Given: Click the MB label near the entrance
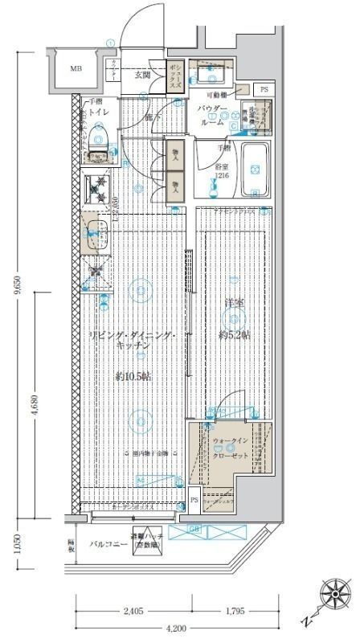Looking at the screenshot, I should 76,68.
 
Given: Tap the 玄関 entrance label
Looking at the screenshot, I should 142,75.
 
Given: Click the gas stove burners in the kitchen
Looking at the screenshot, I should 100,189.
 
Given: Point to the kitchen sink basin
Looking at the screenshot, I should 96,233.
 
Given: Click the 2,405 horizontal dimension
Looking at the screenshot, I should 134,611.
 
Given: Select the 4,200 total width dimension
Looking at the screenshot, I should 177,628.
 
